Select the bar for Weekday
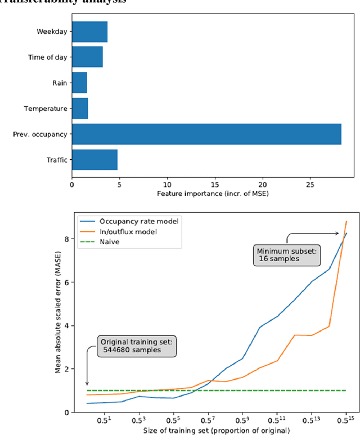pos(89,32)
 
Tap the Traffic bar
pos(94,160)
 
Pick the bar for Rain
pos(79,83)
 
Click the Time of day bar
pos(87,57)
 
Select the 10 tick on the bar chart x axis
pos(167,183)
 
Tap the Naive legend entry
pos(110,241)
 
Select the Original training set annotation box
pos(131,345)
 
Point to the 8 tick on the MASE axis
pos(66,239)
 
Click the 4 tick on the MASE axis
pos(66,325)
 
